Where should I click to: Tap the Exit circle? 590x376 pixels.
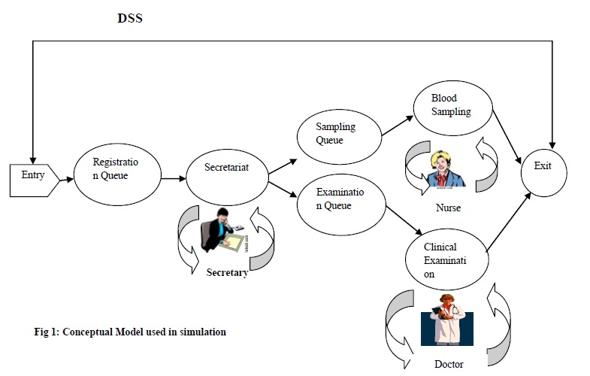[x=543, y=167]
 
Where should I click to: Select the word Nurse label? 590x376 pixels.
[x=449, y=208]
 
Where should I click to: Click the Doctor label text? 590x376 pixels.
[x=449, y=364]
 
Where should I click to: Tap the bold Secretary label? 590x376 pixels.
[x=227, y=272]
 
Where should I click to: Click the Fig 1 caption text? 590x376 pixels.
[x=129, y=331]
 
